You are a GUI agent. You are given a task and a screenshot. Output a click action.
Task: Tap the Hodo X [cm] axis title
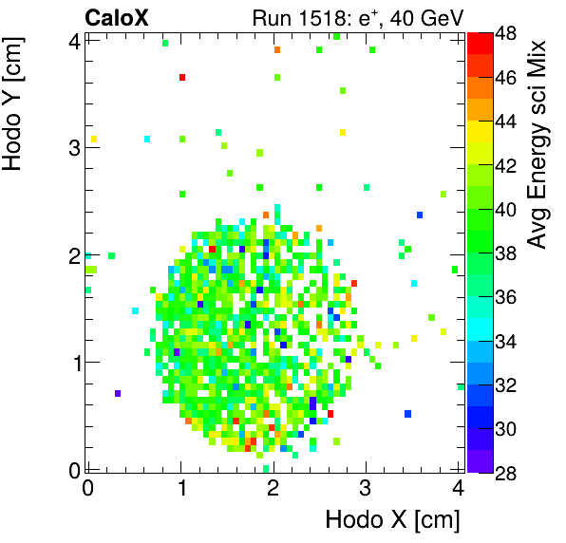[392, 520]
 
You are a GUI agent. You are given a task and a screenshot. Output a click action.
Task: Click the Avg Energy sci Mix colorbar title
[538, 144]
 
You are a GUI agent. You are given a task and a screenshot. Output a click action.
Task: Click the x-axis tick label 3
[366, 488]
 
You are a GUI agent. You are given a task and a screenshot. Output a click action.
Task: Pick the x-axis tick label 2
[274, 488]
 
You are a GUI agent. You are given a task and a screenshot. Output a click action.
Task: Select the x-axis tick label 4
[458, 488]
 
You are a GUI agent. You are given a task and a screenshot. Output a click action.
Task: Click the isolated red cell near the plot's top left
[182, 77]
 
